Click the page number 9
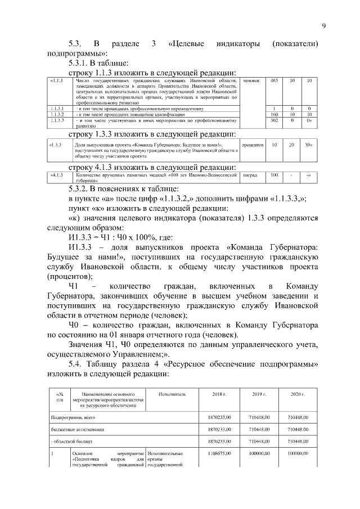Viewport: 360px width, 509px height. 324,25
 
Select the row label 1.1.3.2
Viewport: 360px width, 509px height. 57,114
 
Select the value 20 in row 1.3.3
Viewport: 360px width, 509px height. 291,145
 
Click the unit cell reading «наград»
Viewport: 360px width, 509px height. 250,175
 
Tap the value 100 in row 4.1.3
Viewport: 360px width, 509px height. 274,175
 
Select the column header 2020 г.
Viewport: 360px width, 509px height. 298,394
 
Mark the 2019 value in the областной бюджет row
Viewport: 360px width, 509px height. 259,441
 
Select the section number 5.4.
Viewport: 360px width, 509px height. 76,364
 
